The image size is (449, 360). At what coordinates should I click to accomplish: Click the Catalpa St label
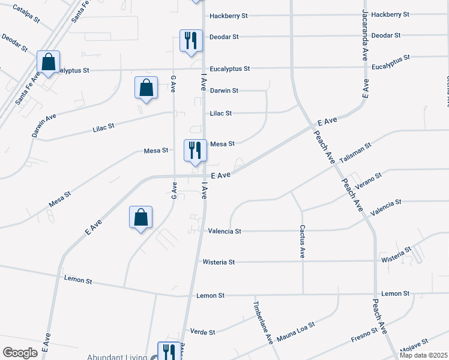[x=25, y=15]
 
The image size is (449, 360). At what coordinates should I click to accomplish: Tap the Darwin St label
[x=224, y=91]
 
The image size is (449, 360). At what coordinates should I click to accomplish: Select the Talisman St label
[x=355, y=154]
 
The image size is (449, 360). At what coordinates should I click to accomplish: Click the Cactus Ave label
[x=302, y=242]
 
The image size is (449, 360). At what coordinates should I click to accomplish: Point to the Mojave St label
[x=414, y=344]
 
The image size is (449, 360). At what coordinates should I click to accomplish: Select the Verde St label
[x=202, y=331]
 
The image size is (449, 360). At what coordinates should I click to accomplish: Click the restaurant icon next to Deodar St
[x=191, y=41]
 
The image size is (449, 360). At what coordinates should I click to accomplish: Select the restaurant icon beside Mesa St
[x=194, y=150]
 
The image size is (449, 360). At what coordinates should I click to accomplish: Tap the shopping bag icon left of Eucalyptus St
[x=48, y=62]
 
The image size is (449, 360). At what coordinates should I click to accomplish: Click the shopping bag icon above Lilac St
[x=146, y=88]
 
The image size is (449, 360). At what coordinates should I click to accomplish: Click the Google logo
[x=20, y=353]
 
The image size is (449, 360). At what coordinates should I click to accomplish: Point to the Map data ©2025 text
[x=423, y=355]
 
